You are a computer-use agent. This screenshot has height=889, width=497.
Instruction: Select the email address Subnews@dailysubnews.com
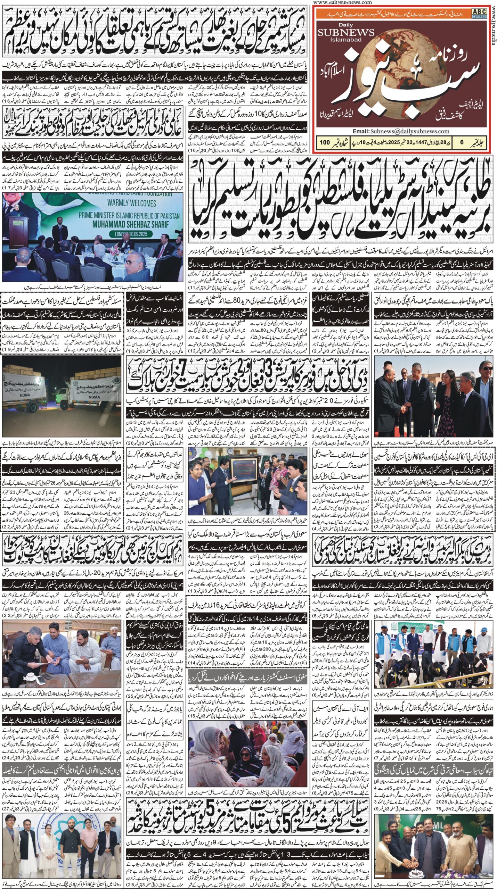click(x=410, y=132)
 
